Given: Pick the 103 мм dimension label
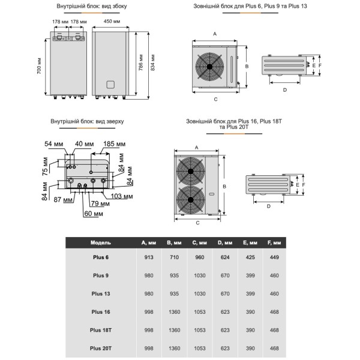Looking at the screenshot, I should point(122,196).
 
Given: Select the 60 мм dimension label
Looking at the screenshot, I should point(93,213).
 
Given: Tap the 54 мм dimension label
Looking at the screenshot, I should point(55,145).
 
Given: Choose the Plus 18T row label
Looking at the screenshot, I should point(100,329).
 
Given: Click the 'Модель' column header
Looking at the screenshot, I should point(100,242).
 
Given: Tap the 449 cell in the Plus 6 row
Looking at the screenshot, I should point(274,257).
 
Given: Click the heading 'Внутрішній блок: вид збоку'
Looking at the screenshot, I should point(92,7).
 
